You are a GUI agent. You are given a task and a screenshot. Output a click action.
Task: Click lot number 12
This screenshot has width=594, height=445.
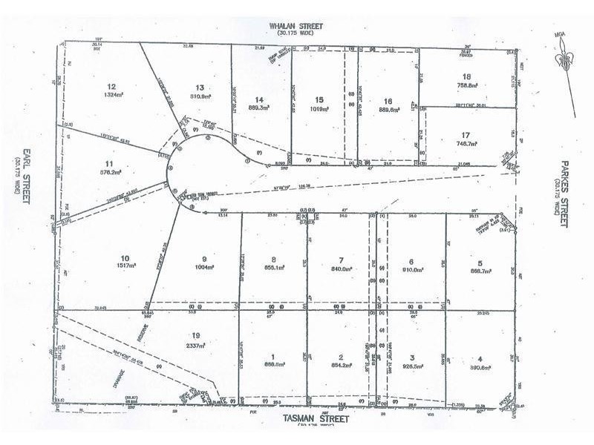pyautogui.click(x=112, y=86)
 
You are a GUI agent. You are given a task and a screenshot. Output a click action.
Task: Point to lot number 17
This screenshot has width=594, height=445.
pyautogui.click(x=466, y=133)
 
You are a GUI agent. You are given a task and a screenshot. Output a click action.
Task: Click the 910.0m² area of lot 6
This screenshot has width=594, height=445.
pyautogui.click(x=411, y=271)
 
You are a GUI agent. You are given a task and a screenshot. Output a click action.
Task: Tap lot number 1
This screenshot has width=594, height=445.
pyautogui.click(x=273, y=356)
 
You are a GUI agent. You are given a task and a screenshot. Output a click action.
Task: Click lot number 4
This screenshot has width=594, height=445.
pyautogui.click(x=480, y=356)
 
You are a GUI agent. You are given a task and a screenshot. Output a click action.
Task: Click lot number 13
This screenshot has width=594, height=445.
pyautogui.click(x=200, y=86)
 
